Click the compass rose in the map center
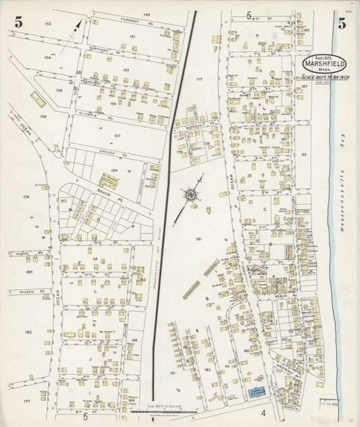pyautogui.click(x=191, y=195)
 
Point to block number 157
pyautogui.click(x=117, y=136)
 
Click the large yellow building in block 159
pyautogui.click(x=108, y=182)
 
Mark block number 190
pyautogui.click(x=28, y=332)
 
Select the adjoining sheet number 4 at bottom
pyautogui.click(x=264, y=412)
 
